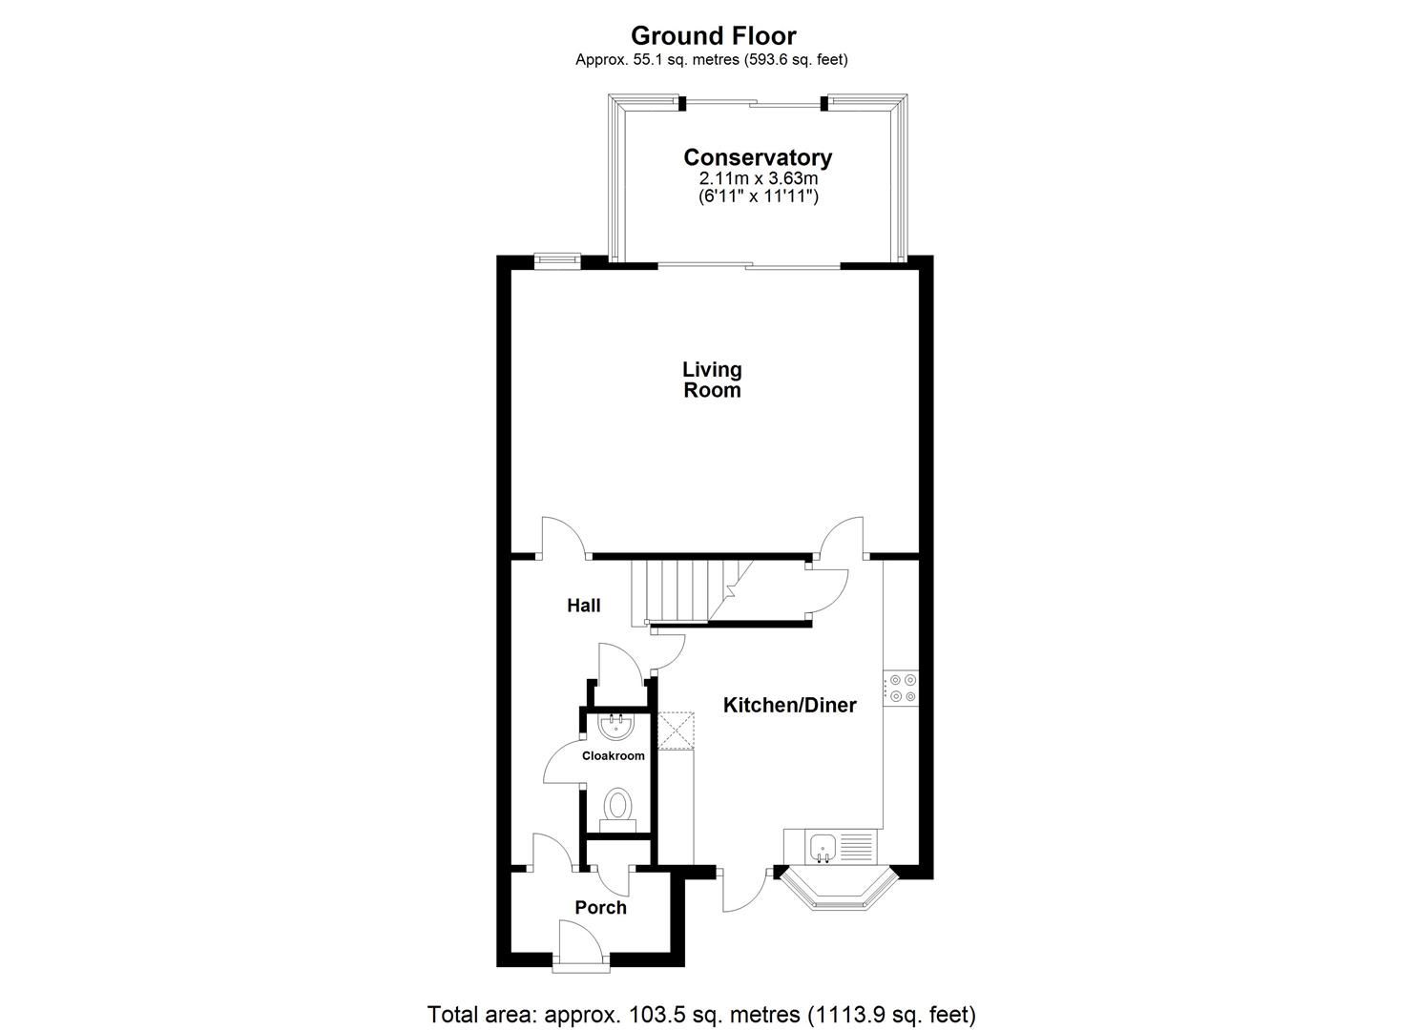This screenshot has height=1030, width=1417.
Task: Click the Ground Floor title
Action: (713, 35)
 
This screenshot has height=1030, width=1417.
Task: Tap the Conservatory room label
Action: (758, 157)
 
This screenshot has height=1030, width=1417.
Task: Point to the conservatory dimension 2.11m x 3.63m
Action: (758, 178)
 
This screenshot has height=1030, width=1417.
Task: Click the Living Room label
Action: (712, 380)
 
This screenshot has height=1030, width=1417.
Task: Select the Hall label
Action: (583, 606)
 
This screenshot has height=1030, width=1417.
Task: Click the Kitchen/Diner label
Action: (789, 706)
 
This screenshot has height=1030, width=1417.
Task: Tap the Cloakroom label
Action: (614, 755)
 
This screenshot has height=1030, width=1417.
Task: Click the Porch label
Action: (600, 908)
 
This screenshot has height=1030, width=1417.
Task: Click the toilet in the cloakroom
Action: (618, 809)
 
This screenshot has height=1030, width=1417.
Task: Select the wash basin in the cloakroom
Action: (616, 728)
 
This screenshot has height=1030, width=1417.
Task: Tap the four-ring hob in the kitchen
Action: (902, 688)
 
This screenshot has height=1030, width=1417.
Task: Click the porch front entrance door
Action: (579, 946)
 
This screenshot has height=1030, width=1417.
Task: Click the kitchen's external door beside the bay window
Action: (745, 889)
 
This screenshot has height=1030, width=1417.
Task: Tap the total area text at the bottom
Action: (701, 1013)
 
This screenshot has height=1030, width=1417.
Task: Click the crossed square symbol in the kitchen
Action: (677, 731)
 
